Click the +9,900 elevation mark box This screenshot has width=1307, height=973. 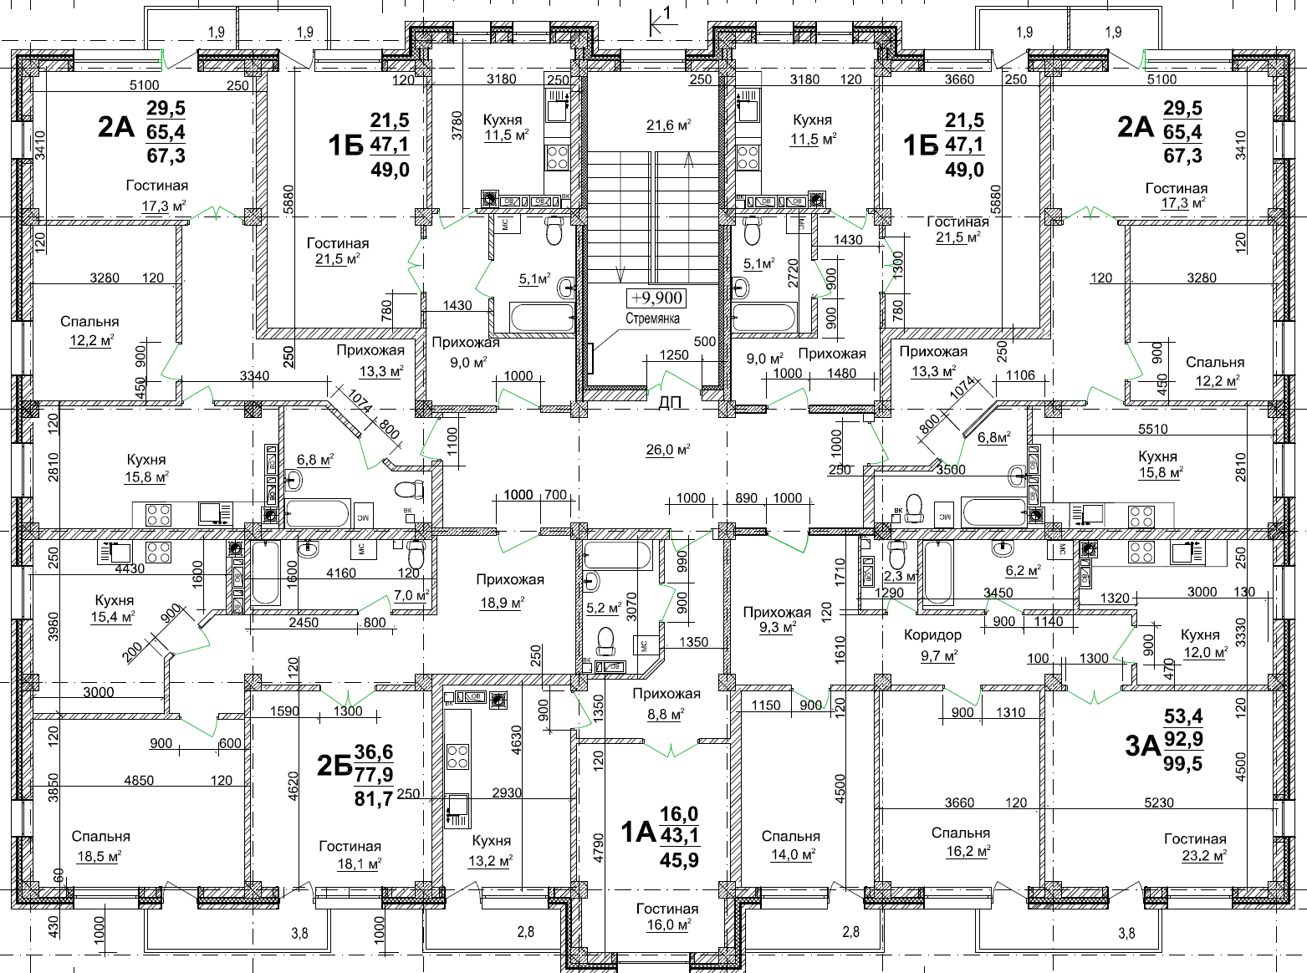[x=656, y=298]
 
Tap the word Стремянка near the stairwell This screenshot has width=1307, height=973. [x=652, y=318]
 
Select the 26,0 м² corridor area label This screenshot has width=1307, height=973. [x=667, y=450]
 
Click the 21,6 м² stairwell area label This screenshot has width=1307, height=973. [x=668, y=125]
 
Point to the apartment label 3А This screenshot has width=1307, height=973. [x=1142, y=746]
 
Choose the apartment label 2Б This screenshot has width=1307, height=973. [x=334, y=766]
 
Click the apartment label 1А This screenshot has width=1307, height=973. [x=639, y=833]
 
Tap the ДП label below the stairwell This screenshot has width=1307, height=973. [x=670, y=403]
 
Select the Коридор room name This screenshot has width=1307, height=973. [x=932, y=634]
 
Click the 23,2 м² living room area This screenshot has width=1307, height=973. [x=1204, y=855]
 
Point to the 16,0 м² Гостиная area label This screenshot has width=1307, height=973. [x=667, y=924]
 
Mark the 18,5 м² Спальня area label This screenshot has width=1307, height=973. [x=99, y=856]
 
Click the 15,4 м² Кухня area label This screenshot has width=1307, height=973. [x=113, y=617]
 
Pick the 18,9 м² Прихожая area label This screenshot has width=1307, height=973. [x=502, y=603]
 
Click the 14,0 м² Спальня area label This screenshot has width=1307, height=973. [x=794, y=854]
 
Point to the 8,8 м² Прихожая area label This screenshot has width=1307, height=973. [x=666, y=714]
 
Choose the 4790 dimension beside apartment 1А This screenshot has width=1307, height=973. [x=599, y=848]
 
